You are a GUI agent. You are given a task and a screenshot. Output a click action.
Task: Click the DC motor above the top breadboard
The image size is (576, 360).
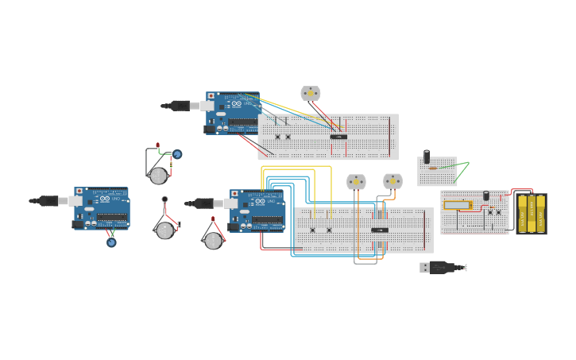click(310, 93)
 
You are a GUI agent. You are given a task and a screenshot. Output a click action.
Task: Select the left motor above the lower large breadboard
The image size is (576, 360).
click(356, 182)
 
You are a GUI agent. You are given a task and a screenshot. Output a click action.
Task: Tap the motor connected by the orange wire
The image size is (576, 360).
click(392, 181)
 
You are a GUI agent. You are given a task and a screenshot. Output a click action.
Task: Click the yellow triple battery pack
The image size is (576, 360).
click(532, 213)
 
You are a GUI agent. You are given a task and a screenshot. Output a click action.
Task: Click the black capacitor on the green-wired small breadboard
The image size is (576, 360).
click(427, 157)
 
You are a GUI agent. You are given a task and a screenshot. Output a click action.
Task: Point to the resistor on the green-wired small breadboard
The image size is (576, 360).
click(432, 168)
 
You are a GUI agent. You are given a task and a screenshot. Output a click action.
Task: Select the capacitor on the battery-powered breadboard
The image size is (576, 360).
click(486, 195)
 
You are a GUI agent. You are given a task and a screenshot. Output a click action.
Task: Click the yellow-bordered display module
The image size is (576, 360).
click(457, 205)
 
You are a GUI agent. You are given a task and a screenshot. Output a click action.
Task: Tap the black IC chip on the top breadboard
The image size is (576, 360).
click(338, 137)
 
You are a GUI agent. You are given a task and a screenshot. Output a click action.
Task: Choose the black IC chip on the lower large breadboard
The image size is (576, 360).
click(380, 230)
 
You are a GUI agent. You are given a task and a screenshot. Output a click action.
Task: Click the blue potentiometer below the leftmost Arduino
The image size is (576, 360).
click(111, 242)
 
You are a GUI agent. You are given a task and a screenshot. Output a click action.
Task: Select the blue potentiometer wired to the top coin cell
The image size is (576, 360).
click(177, 154)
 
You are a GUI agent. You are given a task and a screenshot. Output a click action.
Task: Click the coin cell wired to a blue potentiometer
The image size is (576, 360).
click(158, 175)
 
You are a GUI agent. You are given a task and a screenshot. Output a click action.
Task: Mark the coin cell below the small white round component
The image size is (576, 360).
click(164, 230)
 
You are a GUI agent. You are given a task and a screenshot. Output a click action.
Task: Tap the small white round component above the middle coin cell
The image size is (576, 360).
click(164, 199)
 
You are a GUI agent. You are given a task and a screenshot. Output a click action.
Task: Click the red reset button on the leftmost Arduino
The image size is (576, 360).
click(79, 192)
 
